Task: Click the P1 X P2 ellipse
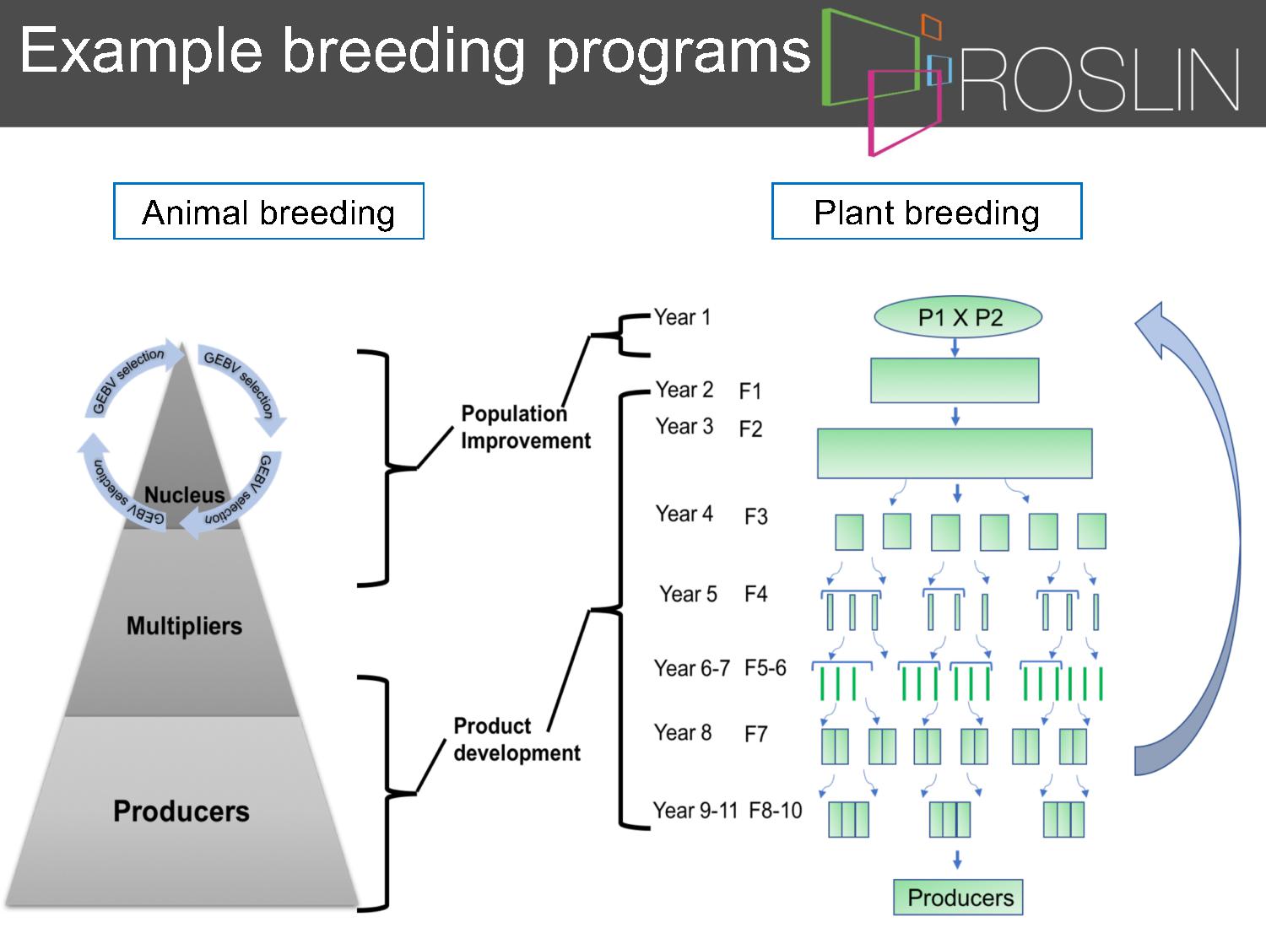tap(958, 317)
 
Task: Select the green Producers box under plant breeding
tap(958, 898)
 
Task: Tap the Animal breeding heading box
tap(268, 211)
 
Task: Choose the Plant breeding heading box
tap(927, 211)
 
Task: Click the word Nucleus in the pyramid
tap(185, 494)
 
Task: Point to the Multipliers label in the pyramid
tap(185, 626)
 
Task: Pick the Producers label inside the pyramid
tap(181, 811)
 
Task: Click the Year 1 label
tap(682, 317)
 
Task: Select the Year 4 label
tap(684, 514)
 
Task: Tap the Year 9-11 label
tap(695, 810)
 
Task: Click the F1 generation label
tap(750, 391)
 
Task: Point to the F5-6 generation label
tap(766, 668)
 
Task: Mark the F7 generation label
tap(756, 734)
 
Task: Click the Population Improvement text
tap(526, 427)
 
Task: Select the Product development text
tap(517, 739)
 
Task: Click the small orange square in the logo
tap(931, 27)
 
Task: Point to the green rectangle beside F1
tap(955, 380)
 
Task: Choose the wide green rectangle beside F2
tap(955, 454)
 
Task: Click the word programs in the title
tap(679, 53)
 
